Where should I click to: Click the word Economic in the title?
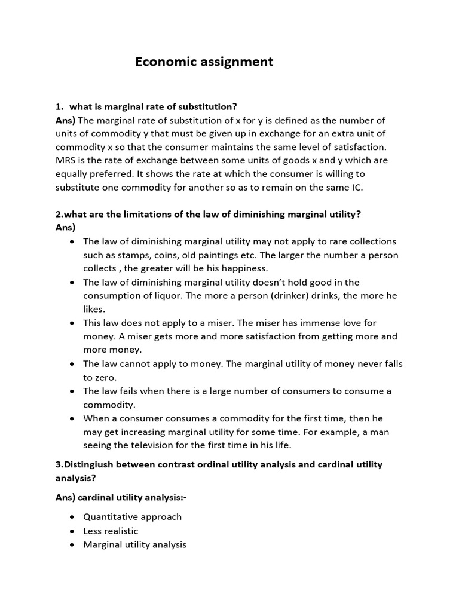click(x=163, y=62)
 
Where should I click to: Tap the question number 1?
click(x=59, y=106)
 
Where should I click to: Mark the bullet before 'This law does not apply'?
click(x=72, y=323)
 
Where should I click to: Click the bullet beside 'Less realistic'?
click(x=72, y=531)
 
